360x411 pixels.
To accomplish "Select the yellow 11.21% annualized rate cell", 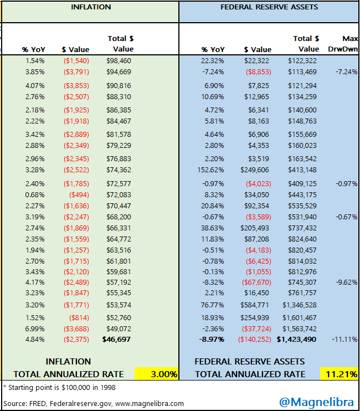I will [x=339, y=374].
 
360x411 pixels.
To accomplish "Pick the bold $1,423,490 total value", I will [x=299, y=339].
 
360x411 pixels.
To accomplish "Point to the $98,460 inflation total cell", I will [x=119, y=60].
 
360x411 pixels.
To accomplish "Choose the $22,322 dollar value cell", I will [x=257, y=60].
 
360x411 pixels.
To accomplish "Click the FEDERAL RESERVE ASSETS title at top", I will [x=269, y=7].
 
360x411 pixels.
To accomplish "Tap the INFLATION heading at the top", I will [x=91, y=7].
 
